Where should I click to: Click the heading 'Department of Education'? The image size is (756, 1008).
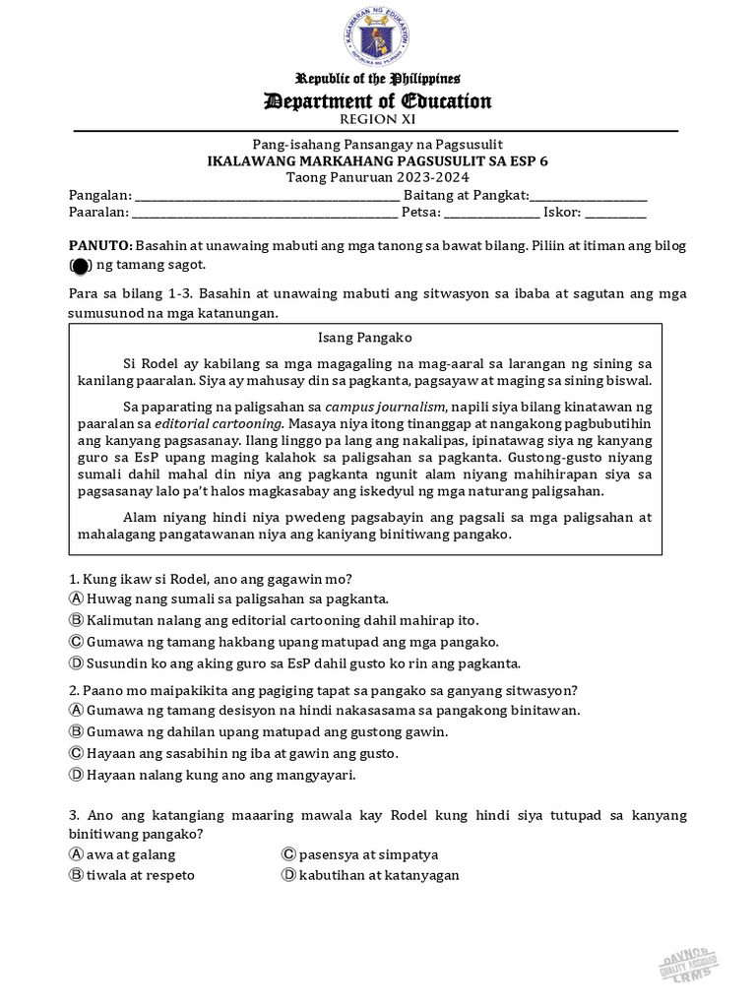tap(377, 101)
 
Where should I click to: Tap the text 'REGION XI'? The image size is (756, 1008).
tap(377, 120)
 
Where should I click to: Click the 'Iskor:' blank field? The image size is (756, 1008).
tap(616, 212)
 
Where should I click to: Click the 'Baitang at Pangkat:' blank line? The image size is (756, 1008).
tap(589, 196)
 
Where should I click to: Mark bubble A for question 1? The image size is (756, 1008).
tap(76, 598)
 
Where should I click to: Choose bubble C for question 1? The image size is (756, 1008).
tap(76, 642)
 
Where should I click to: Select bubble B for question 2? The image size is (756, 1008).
tap(76, 731)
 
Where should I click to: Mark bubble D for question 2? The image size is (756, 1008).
tap(76, 775)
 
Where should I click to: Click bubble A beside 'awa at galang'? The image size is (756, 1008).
tap(76, 854)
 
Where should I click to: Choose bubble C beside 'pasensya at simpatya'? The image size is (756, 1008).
tap(288, 854)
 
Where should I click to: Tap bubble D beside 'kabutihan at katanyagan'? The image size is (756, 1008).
tap(288, 875)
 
